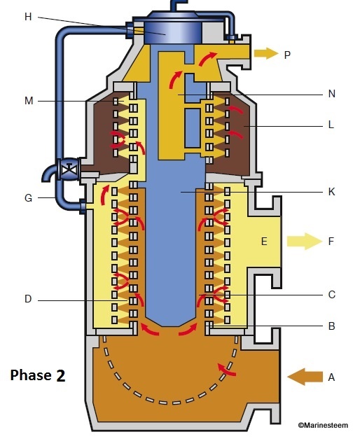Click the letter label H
coord(28,17)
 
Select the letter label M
coord(28,102)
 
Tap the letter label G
coord(28,198)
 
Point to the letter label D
coord(28,300)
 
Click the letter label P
coord(288,54)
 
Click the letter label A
coord(332,377)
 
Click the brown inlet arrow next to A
coord(302,377)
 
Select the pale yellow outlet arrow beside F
coord(303,242)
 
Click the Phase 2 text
coord(38,375)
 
